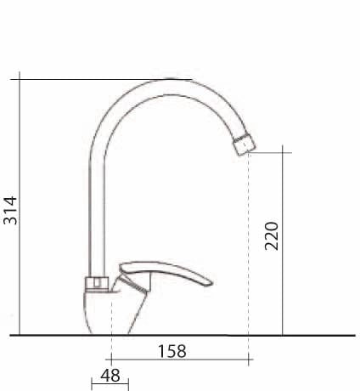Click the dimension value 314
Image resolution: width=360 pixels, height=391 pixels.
click(x=10, y=210)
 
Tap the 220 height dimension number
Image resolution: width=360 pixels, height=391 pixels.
click(x=272, y=236)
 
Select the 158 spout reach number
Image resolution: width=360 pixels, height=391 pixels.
click(x=172, y=351)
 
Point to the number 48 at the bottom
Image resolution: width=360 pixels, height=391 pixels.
click(x=110, y=376)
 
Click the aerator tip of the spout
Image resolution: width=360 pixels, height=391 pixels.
click(x=245, y=144)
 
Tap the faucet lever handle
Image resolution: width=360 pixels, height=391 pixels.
click(x=166, y=272)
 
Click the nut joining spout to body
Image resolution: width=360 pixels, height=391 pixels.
click(x=97, y=283)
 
